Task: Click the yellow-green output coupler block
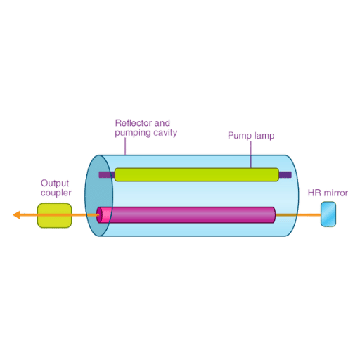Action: point(55,215)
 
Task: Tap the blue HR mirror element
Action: point(328,214)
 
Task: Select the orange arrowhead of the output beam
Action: point(16,215)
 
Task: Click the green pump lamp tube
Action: point(197,174)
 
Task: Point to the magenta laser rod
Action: point(186,215)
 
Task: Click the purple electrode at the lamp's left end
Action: point(107,174)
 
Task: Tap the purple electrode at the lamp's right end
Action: point(285,174)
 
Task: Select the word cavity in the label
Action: point(165,133)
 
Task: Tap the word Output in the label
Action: point(55,183)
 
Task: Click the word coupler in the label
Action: point(56,193)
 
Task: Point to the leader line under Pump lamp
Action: point(251,155)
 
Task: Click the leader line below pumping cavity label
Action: point(125,146)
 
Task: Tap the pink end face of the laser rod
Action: point(99,215)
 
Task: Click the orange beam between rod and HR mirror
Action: point(298,215)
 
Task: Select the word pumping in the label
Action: point(133,133)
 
